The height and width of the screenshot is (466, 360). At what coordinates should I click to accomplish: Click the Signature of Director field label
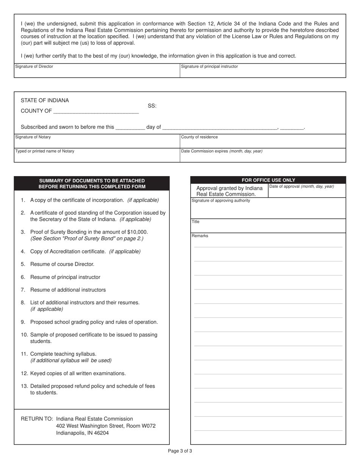(x=34, y=67)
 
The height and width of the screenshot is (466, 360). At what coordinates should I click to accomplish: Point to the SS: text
(x=152, y=106)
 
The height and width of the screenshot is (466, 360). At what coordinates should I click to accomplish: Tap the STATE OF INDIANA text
(x=45, y=101)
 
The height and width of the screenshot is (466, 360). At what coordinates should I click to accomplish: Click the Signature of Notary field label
(x=33, y=137)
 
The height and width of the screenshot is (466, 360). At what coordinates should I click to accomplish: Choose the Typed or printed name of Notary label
(x=45, y=151)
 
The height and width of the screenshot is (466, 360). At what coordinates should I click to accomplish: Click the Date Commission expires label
(x=222, y=151)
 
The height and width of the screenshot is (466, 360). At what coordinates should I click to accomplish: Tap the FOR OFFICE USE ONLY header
(x=268, y=180)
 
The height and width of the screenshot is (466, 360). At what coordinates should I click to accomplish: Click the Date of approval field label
(x=302, y=186)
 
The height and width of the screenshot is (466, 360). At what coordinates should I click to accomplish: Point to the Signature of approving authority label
(x=221, y=201)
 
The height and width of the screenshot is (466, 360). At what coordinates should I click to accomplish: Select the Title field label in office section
(x=196, y=222)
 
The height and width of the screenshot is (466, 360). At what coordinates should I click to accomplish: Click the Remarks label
(x=200, y=236)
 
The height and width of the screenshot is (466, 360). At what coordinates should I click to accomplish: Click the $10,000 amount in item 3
(x=138, y=232)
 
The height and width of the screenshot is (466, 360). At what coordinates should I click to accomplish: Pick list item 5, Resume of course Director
(x=62, y=264)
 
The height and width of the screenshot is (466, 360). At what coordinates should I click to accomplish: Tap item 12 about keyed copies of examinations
(x=78, y=374)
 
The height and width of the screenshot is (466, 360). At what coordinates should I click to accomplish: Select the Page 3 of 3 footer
(x=180, y=451)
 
